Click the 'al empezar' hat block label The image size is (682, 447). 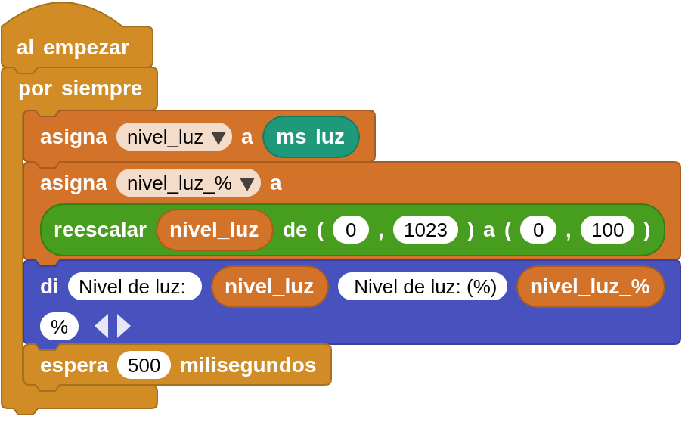pos(73,48)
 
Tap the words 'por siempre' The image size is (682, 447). pos(80,88)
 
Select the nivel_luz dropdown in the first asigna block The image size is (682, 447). pos(174,137)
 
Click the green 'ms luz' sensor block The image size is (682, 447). pos(311,137)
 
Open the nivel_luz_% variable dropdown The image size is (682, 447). pos(188,183)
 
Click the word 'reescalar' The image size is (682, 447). pos(100,229)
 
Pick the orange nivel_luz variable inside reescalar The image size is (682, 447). pos(214,229)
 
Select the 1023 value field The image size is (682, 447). pos(426,229)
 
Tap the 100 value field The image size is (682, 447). pos(607,229)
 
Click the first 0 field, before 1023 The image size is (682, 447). pos(351,229)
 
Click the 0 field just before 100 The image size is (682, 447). pos(538,229)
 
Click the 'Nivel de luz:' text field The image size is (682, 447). pos(135,287)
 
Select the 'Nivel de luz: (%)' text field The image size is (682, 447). pos(423,287)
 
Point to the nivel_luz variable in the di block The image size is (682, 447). pos(269,287)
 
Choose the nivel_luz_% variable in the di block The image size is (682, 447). pos(590,287)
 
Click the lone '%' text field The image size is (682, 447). pos(59,327)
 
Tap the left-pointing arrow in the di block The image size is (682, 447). pos(102,326)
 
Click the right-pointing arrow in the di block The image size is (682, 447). pos(123,326)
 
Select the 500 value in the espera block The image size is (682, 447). pos(144,365)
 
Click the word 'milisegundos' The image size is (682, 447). pos(248,365)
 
